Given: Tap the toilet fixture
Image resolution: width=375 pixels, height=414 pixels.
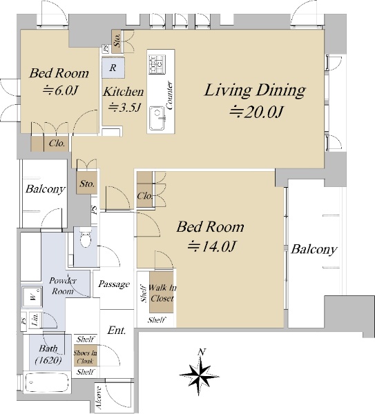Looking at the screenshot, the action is point(85,238).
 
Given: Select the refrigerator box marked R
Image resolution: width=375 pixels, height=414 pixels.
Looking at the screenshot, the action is point(113,68).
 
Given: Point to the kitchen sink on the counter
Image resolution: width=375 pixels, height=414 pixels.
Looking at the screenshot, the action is point(157,118).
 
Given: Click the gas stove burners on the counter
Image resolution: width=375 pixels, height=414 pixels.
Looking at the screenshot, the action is point(157,64).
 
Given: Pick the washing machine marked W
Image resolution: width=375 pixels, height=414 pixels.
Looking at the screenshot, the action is point(32,297).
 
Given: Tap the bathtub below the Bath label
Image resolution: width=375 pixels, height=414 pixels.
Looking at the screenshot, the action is point(48,382).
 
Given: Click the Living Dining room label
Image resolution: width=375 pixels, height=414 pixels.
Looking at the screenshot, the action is point(255,90).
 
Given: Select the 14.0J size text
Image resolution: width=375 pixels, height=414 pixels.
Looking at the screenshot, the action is point(211,246).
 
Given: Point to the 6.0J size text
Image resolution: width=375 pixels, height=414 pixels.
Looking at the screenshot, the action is point(61,90).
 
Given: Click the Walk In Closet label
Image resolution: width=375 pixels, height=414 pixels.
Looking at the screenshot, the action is point(162,293).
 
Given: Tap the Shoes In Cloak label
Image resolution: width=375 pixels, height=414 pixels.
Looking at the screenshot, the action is point(86,357).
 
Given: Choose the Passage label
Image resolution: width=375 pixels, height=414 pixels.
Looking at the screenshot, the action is point(114,284).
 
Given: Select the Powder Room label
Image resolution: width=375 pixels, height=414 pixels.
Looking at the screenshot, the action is point(63,286).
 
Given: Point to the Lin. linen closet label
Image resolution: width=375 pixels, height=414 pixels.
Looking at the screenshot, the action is point(36,319).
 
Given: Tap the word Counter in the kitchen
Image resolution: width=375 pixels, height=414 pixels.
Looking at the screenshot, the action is point(169,95).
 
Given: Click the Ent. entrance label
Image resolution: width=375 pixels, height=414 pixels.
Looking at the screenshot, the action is point(116,331).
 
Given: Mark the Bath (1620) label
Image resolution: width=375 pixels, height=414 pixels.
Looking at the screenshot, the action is point(48,354).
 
